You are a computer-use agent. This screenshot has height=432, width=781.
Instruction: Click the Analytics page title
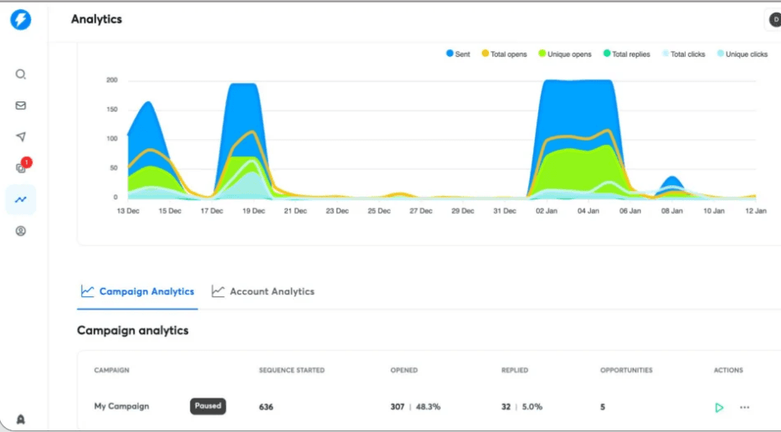point(96,19)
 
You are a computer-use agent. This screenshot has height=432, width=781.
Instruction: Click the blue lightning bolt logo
point(21,19)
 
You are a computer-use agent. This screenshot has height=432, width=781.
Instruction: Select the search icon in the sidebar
point(21,74)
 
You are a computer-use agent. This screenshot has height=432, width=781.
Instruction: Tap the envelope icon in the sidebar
point(21,105)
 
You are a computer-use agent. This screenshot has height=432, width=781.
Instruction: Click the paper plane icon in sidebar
point(21,137)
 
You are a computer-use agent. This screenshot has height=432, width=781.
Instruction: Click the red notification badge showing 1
point(27,162)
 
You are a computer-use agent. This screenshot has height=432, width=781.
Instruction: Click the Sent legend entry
point(458,54)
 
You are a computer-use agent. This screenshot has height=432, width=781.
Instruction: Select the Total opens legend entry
point(504,54)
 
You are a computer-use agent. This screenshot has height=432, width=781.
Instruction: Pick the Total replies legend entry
point(626,54)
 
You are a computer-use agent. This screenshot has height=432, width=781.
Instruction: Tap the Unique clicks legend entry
point(742,54)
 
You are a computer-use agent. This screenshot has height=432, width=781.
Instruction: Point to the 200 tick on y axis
point(111,80)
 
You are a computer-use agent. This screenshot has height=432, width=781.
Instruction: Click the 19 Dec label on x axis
point(253,211)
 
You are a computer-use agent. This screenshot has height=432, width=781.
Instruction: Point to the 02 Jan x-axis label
point(547,211)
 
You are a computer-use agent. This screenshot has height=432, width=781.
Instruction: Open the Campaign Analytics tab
point(138,291)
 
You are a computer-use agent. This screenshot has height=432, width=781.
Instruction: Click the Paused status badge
point(208,406)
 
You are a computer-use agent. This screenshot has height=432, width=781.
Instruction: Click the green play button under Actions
point(719,408)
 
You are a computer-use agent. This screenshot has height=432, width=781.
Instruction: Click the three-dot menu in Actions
point(744,408)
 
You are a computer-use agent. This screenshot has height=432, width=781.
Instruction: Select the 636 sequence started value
point(266,408)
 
